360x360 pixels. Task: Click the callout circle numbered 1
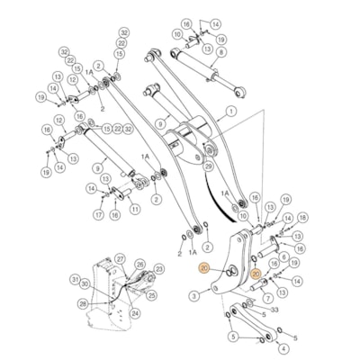tap(230, 112)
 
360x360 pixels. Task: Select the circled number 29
tap(193, 294)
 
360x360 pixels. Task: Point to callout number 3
tap(283, 347)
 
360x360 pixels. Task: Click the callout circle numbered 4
tap(233, 337)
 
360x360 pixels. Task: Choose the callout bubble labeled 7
tap(283, 256)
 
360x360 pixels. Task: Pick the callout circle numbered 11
tap(134, 209)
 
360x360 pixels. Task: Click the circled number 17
tap(98, 215)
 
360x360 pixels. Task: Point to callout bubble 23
tap(158, 268)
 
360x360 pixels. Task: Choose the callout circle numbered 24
tap(134, 313)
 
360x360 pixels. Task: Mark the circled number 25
tap(151, 294)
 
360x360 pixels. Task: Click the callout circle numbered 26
tap(139, 265)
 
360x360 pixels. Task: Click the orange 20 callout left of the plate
tap(205, 269)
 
